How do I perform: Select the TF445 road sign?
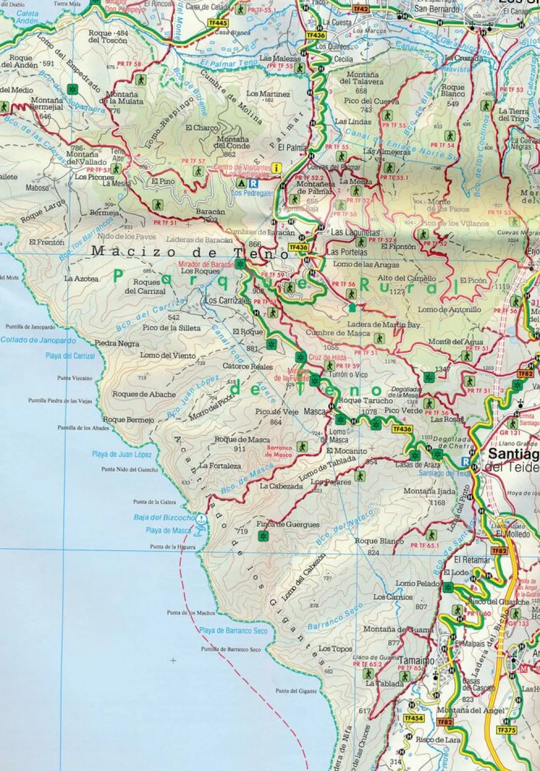pyautogui.click(x=218, y=23)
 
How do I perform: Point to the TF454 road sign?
pyautogui.click(x=413, y=718)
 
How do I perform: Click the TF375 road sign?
pyautogui.click(x=506, y=729)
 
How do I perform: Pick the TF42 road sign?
pyautogui.click(x=361, y=9)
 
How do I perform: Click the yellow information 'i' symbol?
pyautogui.click(x=278, y=168)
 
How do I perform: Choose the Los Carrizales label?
pyautogui.click(x=227, y=300)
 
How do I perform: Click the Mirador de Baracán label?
pyautogui.click(x=205, y=264)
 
